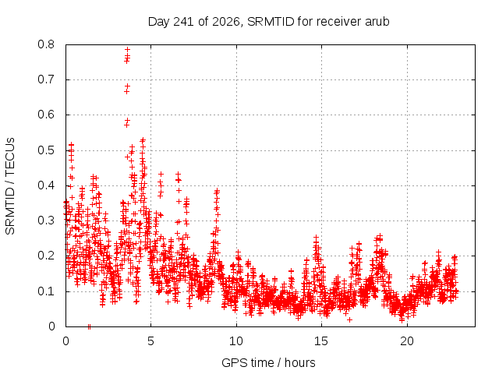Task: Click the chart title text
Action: pos(268,22)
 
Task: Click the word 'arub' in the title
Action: pos(377,22)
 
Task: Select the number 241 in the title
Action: pos(184,22)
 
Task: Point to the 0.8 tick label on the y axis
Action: pos(46,44)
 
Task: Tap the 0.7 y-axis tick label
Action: pos(46,79)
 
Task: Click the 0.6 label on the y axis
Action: pos(46,115)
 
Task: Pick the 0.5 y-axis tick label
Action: pos(46,150)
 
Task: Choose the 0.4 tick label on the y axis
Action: pos(46,185)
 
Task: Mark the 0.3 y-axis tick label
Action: pos(46,221)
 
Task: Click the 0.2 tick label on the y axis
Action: pos(46,256)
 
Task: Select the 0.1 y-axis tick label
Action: pos(46,291)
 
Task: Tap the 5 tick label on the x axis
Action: pos(150,341)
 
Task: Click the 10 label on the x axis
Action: pos(236,341)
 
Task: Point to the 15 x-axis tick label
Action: pos(321,341)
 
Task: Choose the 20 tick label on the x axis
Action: pos(407,341)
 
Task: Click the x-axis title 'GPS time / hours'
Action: pos(268,363)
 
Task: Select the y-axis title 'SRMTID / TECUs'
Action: pos(10,186)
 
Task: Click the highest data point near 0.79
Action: pos(128,49)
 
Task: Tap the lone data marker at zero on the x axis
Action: pos(89,326)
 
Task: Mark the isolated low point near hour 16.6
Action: pos(349,319)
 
